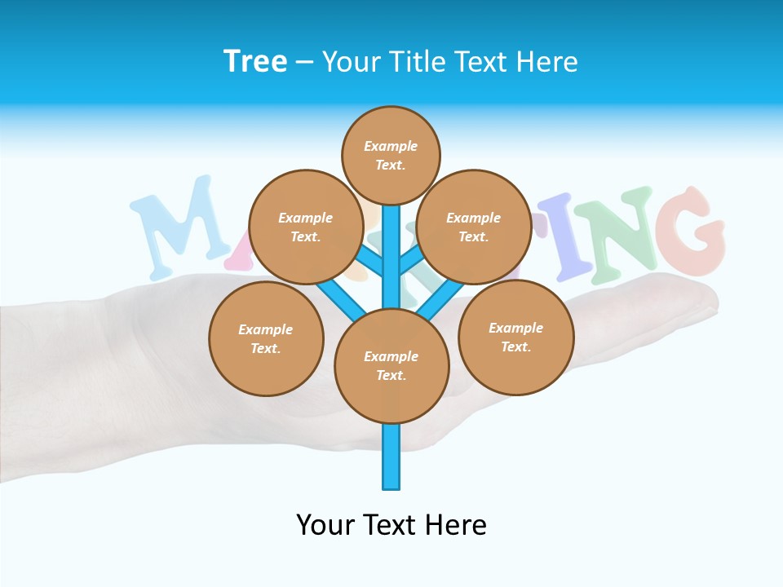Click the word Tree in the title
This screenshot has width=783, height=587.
pyautogui.click(x=255, y=62)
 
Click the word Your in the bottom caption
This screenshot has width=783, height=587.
pyautogui.click(x=325, y=525)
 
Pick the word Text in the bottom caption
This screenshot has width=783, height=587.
pyautogui.click(x=391, y=525)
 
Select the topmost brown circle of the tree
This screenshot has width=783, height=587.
pyautogui.click(x=391, y=155)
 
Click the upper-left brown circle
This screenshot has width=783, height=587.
pyautogui.click(x=306, y=227)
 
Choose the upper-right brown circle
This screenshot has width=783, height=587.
pyautogui.click(x=474, y=227)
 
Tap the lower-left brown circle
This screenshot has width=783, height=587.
pyautogui.click(x=266, y=338)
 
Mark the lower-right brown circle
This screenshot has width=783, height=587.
pyautogui.click(x=515, y=337)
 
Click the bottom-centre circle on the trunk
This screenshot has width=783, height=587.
pyautogui.click(x=391, y=365)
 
